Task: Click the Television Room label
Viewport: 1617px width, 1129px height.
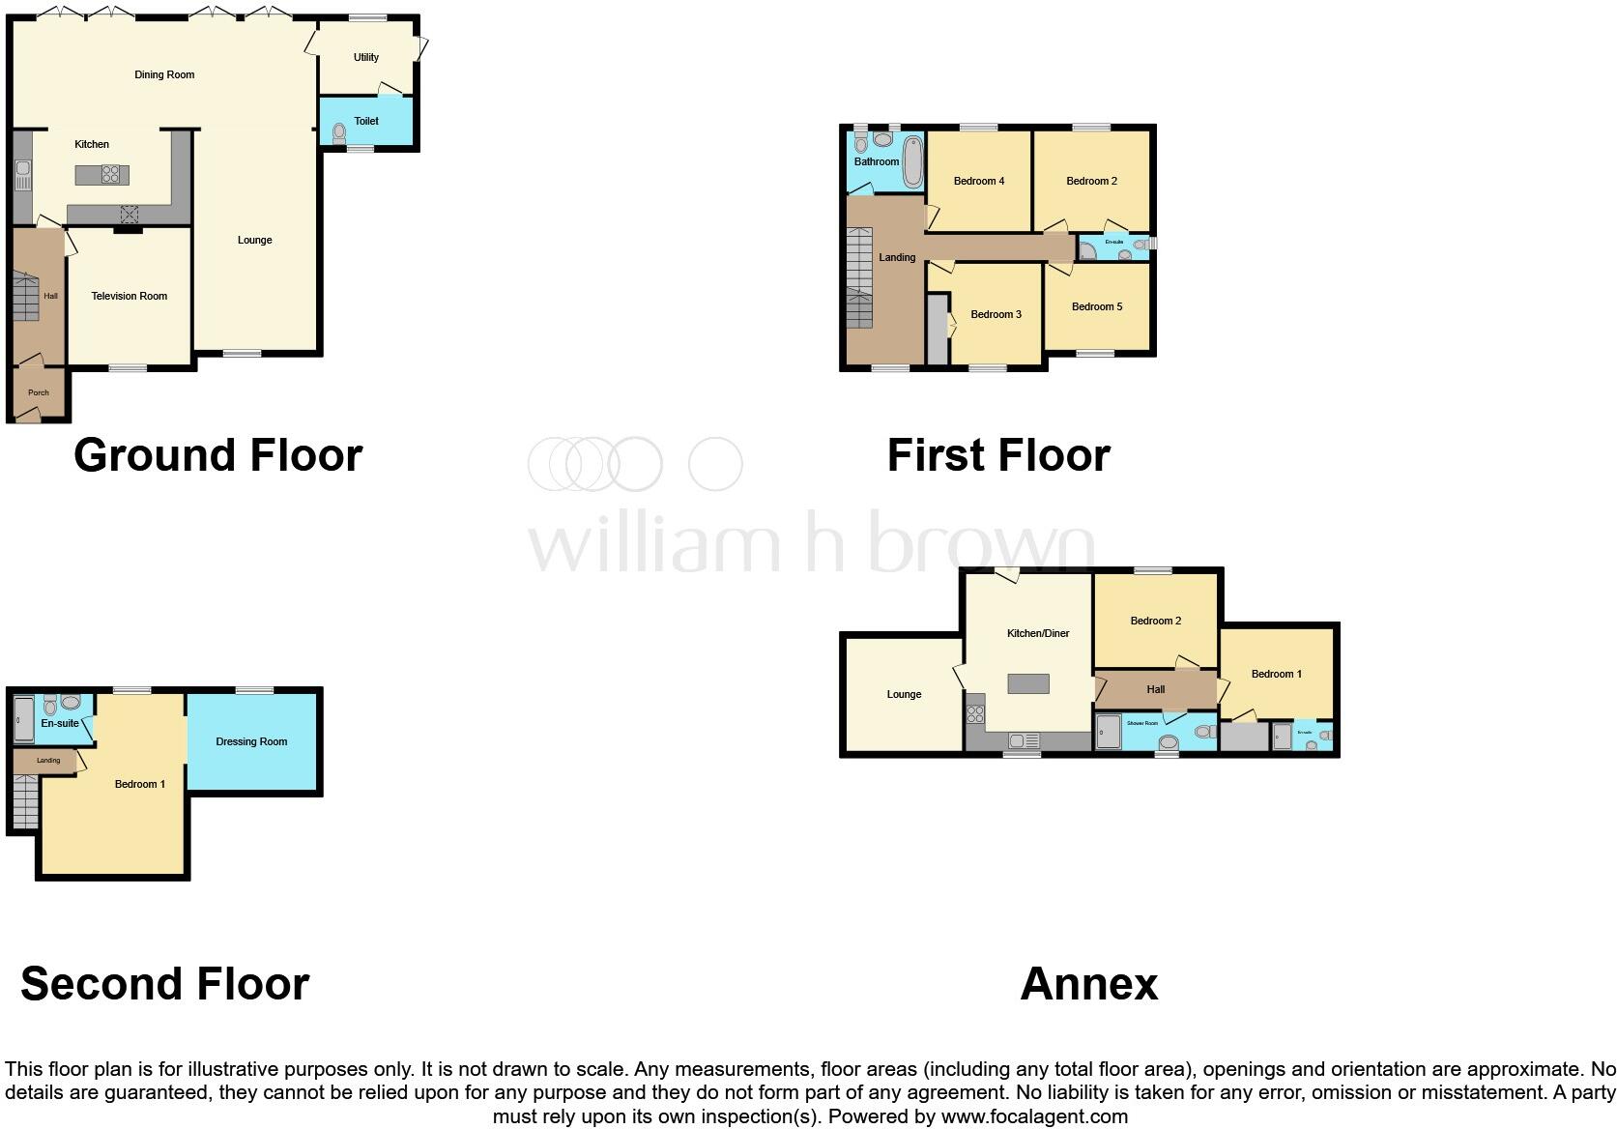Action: pyautogui.click(x=130, y=297)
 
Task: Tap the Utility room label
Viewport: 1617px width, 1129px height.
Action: pyautogui.click(x=366, y=58)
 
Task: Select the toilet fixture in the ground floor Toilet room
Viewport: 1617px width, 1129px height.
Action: pyautogui.click(x=339, y=132)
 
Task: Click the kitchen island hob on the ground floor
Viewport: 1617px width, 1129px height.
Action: pyautogui.click(x=111, y=175)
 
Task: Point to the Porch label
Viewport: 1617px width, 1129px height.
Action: pyautogui.click(x=39, y=393)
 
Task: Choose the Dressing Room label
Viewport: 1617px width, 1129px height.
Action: pyautogui.click(x=251, y=742)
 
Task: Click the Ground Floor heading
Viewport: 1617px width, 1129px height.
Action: pyautogui.click(x=217, y=455)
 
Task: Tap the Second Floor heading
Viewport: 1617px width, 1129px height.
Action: pyautogui.click(x=164, y=984)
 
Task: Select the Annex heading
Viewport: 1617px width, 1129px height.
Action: pyautogui.click(x=1088, y=984)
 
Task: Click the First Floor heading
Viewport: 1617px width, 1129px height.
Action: pyautogui.click(x=998, y=455)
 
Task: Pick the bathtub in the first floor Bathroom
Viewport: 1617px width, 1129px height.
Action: pyautogui.click(x=912, y=161)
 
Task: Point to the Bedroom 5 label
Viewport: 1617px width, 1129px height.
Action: pyautogui.click(x=1097, y=307)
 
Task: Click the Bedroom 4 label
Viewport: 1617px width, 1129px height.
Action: pyautogui.click(x=979, y=182)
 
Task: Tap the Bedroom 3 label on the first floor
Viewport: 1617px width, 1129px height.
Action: pyautogui.click(x=996, y=315)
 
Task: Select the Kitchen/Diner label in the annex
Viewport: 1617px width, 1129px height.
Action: pyautogui.click(x=1038, y=634)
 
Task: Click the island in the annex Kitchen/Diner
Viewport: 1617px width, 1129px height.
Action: pyautogui.click(x=1028, y=684)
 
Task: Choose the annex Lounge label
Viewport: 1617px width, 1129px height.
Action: pyautogui.click(x=904, y=695)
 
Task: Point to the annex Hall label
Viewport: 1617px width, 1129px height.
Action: pyautogui.click(x=1155, y=690)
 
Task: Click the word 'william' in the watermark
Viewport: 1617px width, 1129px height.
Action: pyautogui.click(x=654, y=544)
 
